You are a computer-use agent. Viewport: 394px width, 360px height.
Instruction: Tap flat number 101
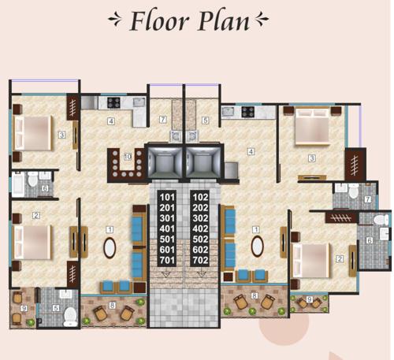167,196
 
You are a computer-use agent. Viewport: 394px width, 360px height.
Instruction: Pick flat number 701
167,259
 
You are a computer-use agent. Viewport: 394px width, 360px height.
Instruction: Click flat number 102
200,196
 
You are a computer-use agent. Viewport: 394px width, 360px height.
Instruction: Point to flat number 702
200,259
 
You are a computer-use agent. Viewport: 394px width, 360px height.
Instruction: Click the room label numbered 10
128,158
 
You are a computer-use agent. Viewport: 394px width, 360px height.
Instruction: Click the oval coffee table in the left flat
110,247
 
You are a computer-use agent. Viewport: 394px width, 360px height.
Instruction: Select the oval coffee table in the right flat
256,247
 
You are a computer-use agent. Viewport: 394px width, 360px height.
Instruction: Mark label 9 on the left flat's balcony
24,308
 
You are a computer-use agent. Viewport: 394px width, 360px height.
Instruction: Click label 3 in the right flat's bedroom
311,159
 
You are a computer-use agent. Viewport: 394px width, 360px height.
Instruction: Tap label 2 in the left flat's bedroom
36,215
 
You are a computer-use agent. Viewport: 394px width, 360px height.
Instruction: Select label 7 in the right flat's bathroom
368,200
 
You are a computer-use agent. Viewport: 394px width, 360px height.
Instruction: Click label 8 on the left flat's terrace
113,305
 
